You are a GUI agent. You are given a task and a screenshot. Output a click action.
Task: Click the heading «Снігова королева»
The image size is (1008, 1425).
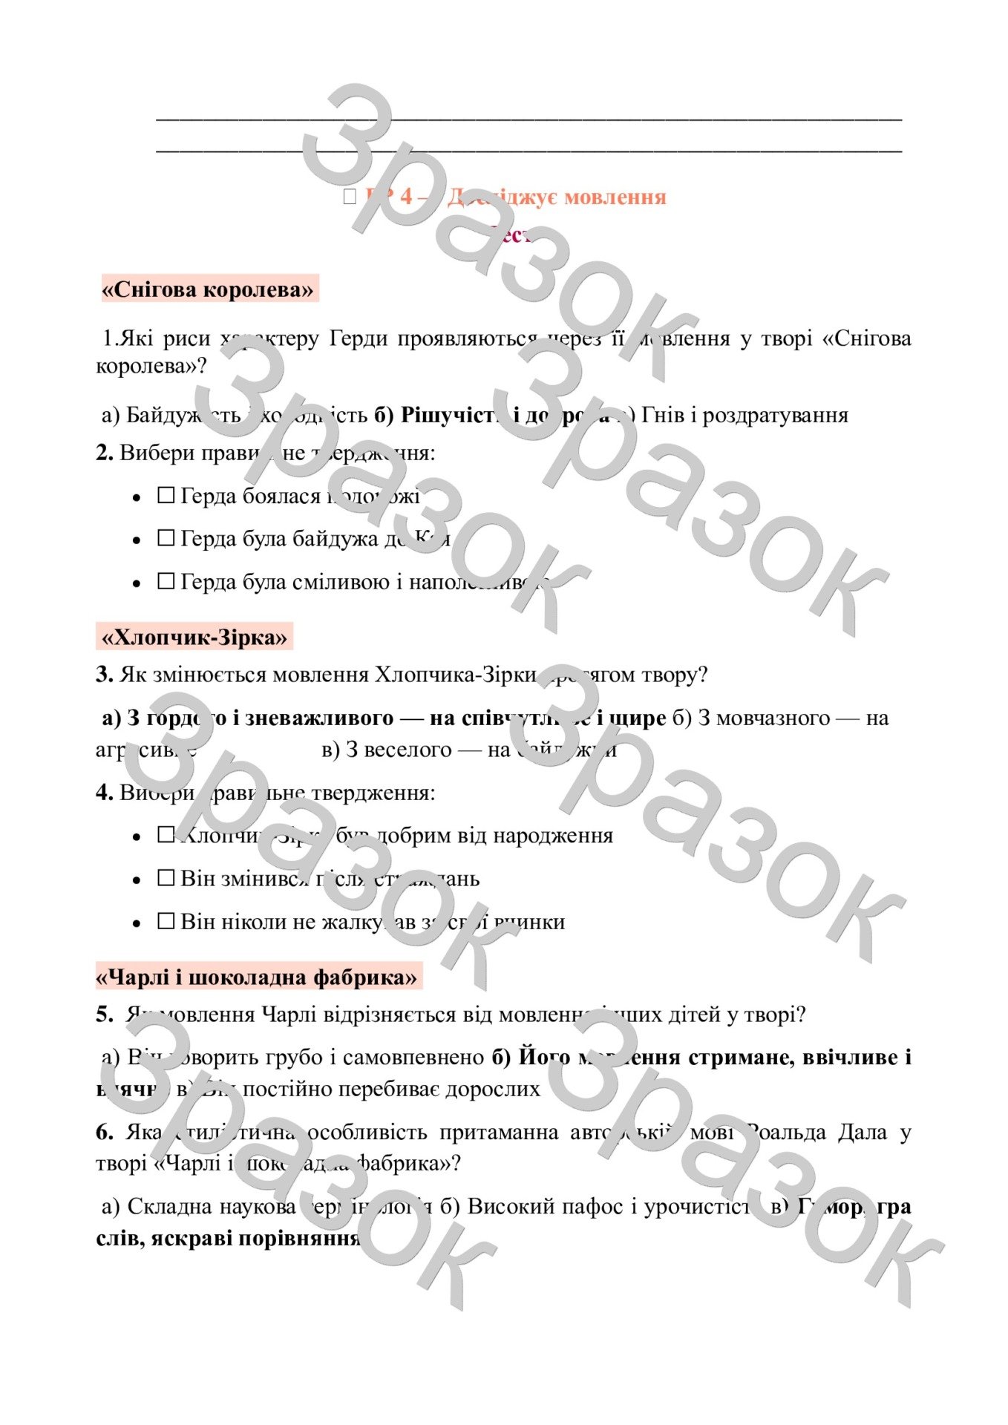pyautogui.click(x=208, y=289)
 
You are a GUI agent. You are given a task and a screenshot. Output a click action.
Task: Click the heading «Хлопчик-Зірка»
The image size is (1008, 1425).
pyautogui.click(x=194, y=638)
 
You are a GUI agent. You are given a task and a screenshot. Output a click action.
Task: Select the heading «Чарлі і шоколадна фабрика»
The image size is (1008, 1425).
pyautogui.click(x=257, y=977)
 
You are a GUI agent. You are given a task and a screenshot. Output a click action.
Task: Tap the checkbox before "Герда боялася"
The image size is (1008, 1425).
pyautogui.click(x=166, y=495)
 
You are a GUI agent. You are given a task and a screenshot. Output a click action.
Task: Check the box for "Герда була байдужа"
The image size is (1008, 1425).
pyautogui.click(x=166, y=538)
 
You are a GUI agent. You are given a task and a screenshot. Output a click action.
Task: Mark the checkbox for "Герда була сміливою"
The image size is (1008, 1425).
pyautogui.click(x=166, y=581)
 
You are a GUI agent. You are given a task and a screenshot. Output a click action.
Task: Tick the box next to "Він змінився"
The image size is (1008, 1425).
pyautogui.click(x=166, y=878)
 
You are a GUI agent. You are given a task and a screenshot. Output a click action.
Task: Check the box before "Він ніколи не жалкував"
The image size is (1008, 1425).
pyautogui.click(x=166, y=921)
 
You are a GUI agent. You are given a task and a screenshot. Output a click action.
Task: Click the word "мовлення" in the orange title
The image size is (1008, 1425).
pyautogui.click(x=615, y=197)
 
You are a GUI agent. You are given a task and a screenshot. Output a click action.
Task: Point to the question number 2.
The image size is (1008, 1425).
pyautogui.click(x=105, y=453)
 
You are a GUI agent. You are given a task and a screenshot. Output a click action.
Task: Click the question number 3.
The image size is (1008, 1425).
pyautogui.click(x=105, y=675)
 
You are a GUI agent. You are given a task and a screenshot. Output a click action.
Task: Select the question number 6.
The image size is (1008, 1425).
pyautogui.click(x=105, y=1132)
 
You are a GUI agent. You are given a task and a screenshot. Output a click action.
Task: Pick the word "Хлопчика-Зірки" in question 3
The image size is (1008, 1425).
pyautogui.click(x=455, y=675)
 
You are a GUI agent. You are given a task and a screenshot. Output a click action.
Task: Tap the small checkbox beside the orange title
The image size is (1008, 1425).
pyautogui.click(x=350, y=197)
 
